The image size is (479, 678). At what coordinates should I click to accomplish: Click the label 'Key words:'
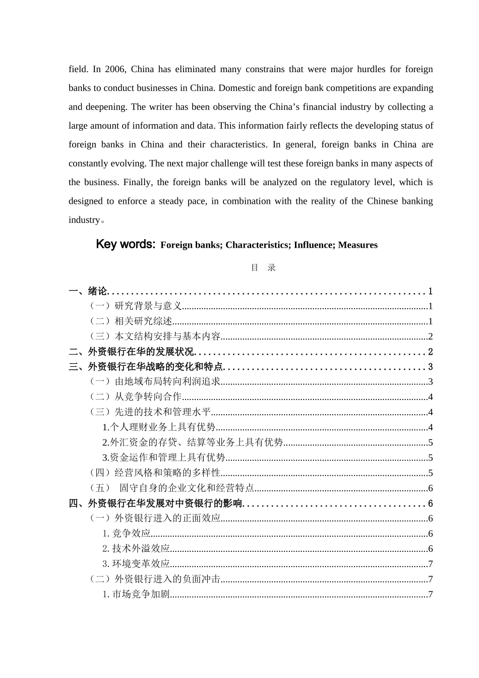(126, 245)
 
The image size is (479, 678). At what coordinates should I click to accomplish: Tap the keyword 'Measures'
(357, 245)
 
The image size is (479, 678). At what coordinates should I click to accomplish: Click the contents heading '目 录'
(263, 268)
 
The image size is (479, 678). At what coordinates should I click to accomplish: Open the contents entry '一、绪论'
(88, 291)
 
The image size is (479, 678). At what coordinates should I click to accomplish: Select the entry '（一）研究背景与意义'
(135, 306)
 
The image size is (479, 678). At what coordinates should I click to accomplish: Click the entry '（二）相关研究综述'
(130, 321)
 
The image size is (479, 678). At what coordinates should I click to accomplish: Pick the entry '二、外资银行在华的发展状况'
(131, 352)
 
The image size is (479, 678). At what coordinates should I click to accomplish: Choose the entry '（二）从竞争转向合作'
(135, 397)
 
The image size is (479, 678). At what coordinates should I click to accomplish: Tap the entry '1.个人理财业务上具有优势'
(159, 427)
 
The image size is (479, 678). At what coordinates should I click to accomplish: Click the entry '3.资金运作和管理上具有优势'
(164, 458)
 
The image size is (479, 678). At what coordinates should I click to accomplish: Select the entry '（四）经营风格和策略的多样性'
(154, 473)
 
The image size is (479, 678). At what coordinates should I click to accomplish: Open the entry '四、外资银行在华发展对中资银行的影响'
(156, 503)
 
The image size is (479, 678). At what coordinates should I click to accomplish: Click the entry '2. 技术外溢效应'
(136, 549)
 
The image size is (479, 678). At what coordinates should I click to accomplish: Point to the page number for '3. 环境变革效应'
(430, 564)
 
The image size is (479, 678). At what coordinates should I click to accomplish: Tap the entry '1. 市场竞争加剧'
(136, 594)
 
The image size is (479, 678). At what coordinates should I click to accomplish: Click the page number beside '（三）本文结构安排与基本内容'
(430, 336)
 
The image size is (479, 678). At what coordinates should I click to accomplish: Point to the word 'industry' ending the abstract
(84, 220)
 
